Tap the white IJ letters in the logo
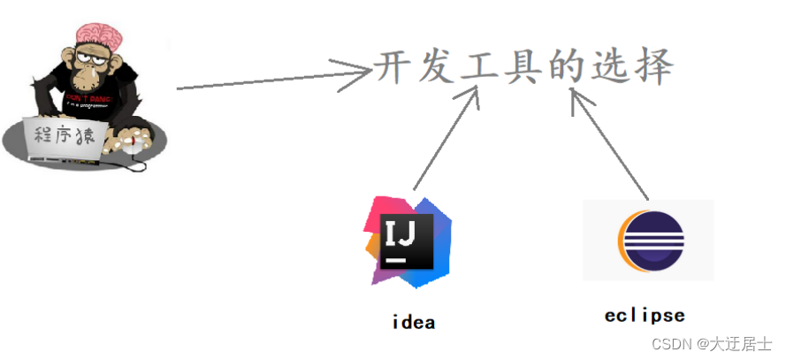tap(406, 234)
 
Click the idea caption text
tap(413, 322)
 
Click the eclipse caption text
tap(645, 315)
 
